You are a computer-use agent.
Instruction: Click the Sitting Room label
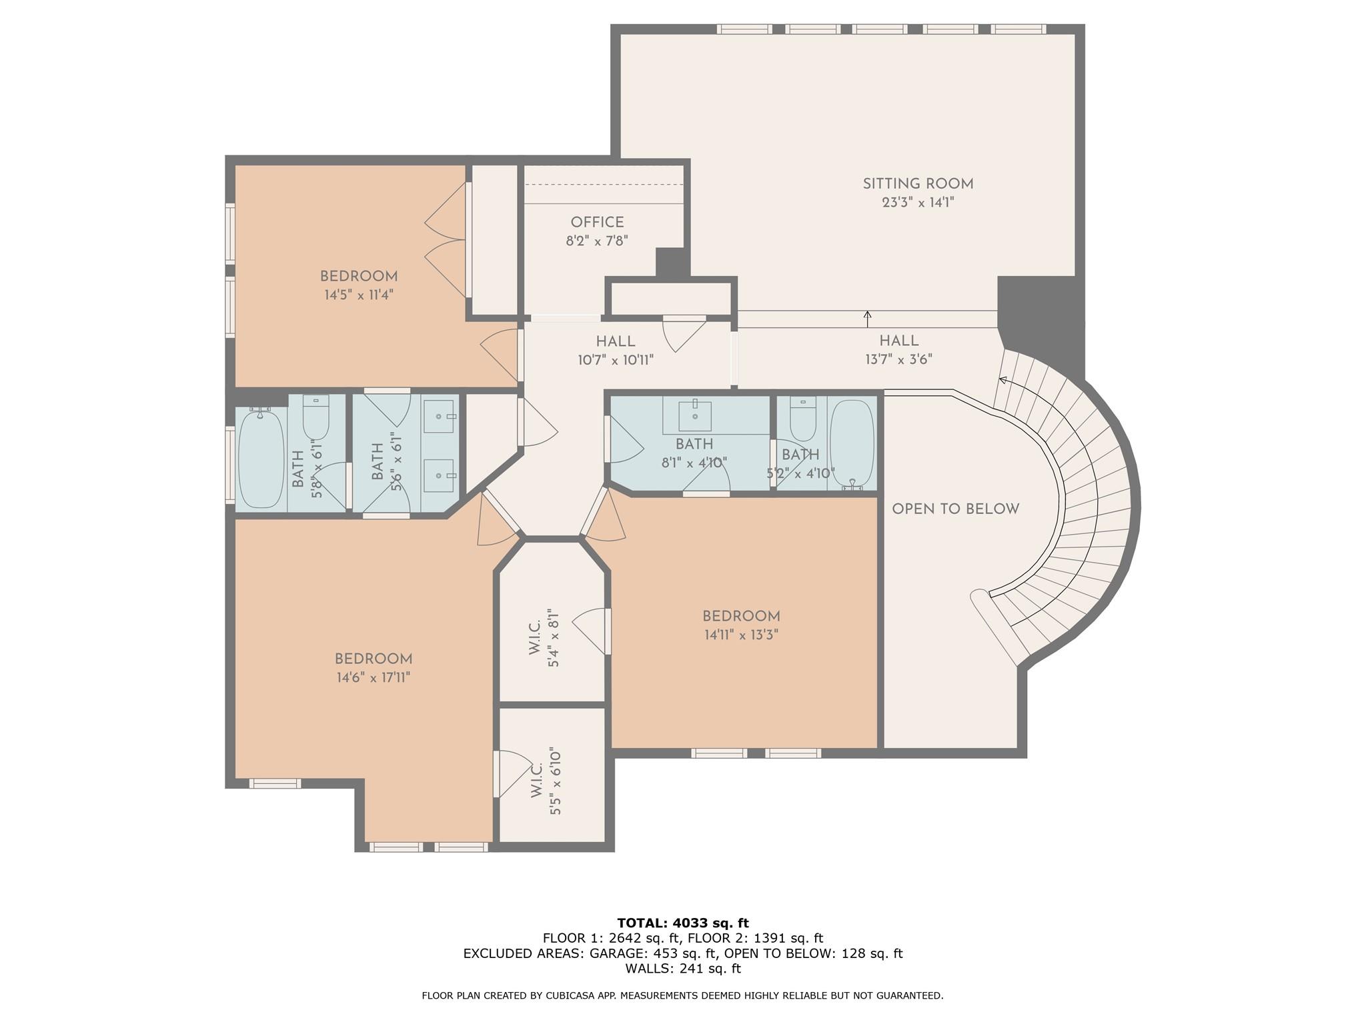[x=918, y=184]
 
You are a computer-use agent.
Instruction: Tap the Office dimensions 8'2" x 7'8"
[x=597, y=241]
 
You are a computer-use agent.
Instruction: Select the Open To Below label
[x=955, y=509]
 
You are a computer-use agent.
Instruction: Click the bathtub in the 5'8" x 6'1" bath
[x=260, y=460]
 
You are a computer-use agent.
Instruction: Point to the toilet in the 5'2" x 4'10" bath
[x=802, y=420]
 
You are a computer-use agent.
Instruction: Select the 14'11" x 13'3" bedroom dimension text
[x=741, y=635]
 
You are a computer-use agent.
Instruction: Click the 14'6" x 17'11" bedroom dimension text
[x=373, y=678]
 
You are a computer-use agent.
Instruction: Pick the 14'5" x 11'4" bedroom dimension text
[x=359, y=295]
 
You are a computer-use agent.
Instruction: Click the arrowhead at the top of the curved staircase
[x=1001, y=381]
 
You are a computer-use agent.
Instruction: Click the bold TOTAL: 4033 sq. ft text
[x=682, y=923]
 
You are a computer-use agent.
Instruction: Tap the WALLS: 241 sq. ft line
[x=682, y=969]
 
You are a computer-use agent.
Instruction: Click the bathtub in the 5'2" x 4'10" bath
[x=852, y=443]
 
